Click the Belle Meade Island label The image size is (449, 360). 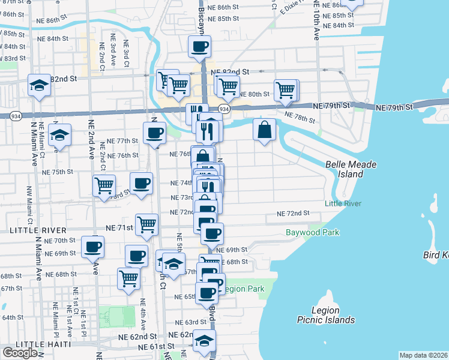coord(345,169)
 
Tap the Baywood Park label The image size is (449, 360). coord(312,232)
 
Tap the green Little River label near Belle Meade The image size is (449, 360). coord(343,204)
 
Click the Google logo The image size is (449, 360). coord(20,353)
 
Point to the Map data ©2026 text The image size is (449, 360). coord(424,355)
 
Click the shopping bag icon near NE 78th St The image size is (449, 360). coord(264,129)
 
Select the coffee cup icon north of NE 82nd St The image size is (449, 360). coord(199,46)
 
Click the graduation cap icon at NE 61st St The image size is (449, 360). coord(205,340)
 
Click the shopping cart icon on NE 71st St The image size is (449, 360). coord(146,224)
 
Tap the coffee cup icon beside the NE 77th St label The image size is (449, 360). coord(154,133)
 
